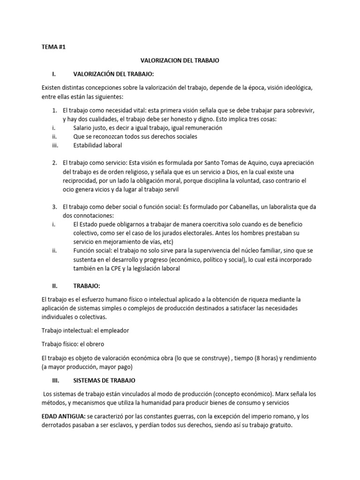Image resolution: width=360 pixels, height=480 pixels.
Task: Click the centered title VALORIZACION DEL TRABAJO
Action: click(x=180, y=60)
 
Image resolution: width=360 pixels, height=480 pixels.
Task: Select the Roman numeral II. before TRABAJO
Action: click(x=55, y=285)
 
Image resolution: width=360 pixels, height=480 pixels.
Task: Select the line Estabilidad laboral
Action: click(x=97, y=145)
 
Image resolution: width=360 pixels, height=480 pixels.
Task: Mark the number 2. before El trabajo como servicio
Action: click(x=55, y=162)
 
